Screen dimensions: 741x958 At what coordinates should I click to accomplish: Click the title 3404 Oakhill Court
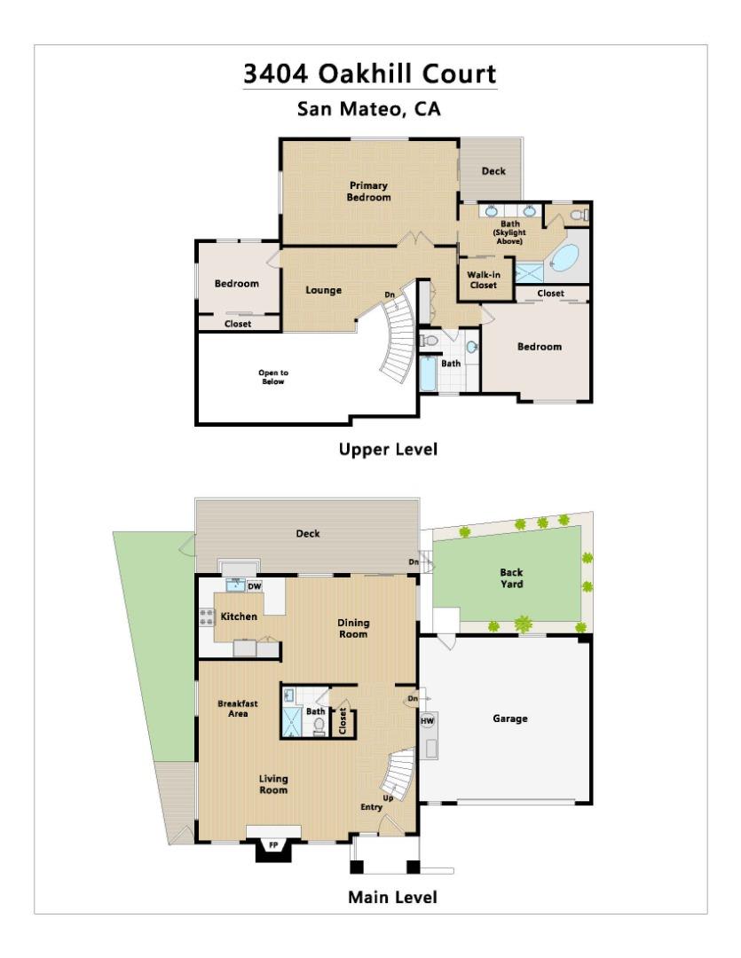tap(370, 74)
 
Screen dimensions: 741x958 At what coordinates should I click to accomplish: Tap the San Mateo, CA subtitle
tap(368, 109)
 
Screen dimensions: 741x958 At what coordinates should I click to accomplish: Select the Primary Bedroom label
tap(368, 192)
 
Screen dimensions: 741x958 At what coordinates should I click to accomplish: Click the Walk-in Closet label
tap(484, 279)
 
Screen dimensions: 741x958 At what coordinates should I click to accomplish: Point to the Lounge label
tap(323, 290)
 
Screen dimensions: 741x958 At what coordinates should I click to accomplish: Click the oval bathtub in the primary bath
tap(564, 258)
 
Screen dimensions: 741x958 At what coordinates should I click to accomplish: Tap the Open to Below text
tap(273, 377)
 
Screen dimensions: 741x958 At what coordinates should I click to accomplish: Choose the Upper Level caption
tap(388, 450)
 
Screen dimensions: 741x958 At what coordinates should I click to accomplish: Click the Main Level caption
tap(392, 898)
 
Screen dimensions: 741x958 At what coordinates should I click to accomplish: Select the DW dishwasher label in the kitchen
tap(255, 586)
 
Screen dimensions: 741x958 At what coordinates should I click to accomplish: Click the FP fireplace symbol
tap(274, 845)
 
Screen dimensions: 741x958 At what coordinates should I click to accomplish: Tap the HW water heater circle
tap(428, 721)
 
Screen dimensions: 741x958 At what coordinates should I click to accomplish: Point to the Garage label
tap(510, 718)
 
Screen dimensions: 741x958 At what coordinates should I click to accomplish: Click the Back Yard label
tap(511, 578)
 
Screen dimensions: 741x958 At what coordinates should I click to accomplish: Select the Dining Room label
tap(353, 629)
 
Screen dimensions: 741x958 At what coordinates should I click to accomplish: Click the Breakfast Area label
tap(238, 709)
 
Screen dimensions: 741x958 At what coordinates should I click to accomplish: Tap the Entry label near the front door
tap(371, 807)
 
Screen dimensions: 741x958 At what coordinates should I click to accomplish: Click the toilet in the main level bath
tap(319, 726)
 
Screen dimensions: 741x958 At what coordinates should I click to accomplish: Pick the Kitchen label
tap(239, 616)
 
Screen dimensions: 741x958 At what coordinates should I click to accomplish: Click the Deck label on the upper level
tap(493, 171)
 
